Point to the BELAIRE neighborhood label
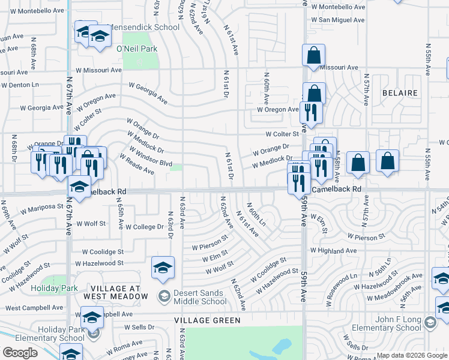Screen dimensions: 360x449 400,93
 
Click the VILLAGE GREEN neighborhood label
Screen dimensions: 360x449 204,321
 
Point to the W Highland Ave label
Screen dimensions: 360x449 334,250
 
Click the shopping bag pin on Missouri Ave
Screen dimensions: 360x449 313,56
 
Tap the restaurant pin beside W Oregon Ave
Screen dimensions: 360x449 310,112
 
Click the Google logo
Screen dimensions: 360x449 20,353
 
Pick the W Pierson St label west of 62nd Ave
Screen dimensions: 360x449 210,246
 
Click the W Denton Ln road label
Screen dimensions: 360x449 19,85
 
